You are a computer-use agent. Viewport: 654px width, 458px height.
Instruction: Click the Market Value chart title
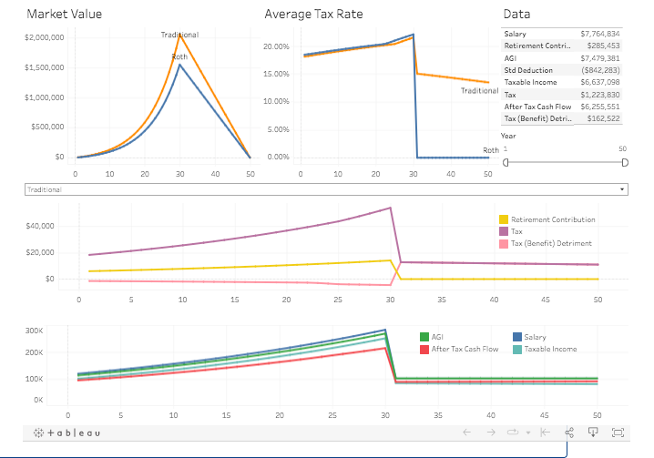(64, 15)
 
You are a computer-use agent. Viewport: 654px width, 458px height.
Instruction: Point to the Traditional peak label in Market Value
(179, 35)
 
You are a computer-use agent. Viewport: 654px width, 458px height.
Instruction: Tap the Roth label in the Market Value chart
(179, 57)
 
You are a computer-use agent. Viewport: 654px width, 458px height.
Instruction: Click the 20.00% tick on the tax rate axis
(276, 46)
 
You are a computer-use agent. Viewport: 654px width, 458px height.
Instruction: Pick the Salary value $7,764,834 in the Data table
(599, 33)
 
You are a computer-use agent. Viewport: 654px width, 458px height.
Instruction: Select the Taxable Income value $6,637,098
(599, 82)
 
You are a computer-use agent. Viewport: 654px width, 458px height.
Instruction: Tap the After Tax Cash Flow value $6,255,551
(599, 107)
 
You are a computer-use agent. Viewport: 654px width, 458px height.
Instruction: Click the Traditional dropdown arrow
(622, 189)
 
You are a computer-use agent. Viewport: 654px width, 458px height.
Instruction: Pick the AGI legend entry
(439, 337)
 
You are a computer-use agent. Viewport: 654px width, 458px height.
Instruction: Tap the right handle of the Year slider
(625, 162)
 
